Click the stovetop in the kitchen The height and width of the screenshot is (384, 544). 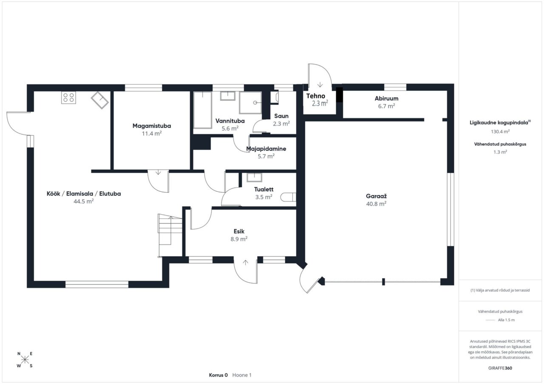tap(68, 98)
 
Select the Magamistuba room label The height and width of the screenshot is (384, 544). tap(152, 126)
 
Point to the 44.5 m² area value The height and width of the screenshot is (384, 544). tap(84, 202)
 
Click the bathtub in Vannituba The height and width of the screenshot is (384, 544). tap(203, 110)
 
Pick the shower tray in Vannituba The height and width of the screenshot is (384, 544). tap(250, 103)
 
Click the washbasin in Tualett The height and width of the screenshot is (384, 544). tap(254, 177)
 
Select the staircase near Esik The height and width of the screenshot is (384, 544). tap(170, 235)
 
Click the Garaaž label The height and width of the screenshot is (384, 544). tap(376, 196)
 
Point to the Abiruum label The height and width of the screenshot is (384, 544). tap(386, 98)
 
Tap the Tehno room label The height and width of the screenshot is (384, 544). tap(315, 96)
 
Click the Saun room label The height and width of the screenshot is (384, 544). tap(281, 116)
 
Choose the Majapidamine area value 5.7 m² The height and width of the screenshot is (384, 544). tap(266, 157)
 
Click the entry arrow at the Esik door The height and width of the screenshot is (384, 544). tap(246, 262)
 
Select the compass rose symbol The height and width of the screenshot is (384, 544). tap(25, 359)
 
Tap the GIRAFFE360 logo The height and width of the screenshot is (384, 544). tap(500, 368)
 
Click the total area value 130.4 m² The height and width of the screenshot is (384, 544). tap(500, 132)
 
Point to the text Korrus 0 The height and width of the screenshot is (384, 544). tap(218, 375)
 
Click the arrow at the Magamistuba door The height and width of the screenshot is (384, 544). tap(158, 172)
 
